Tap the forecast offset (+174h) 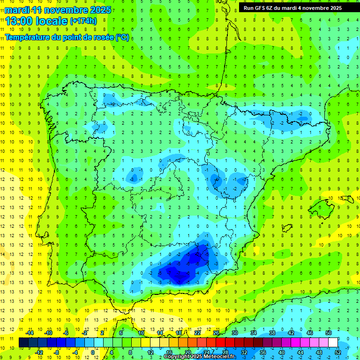coord(83,21)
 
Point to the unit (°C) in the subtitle coord(122,37)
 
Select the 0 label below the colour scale coord(93,352)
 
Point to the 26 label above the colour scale coord(216,333)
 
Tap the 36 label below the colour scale coord(263,352)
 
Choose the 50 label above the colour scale coord(329,333)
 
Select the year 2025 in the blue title coord(100,10)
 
